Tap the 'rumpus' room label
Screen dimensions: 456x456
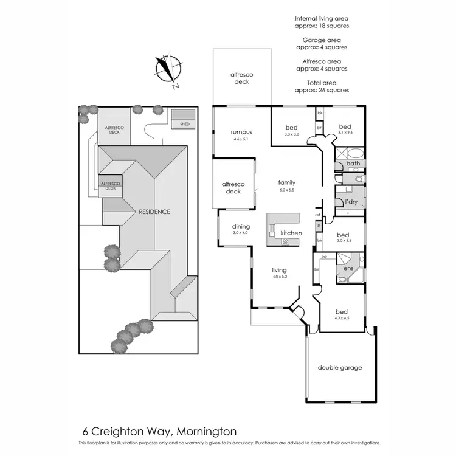[241, 132]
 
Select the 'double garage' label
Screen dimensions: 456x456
[340, 367]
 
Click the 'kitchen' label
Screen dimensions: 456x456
[291, 233]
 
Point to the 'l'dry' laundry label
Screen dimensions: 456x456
[351, 201]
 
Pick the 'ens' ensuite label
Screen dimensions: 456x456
[349, 268]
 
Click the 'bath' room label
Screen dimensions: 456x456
[353, 164]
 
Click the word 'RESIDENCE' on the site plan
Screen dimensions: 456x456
[154, 212]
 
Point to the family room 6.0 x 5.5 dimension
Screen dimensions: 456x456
[286, 190]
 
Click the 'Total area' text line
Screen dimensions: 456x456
[322, 82]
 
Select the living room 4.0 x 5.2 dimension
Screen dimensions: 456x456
[279, 277]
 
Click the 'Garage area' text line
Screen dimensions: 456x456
[322, 40]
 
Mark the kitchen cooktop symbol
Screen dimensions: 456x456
[284, 241]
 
